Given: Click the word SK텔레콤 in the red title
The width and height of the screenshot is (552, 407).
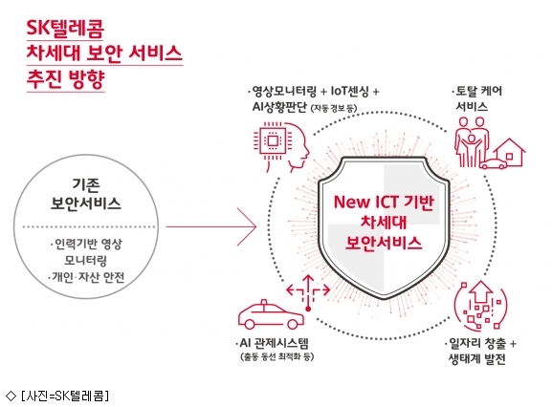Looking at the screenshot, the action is (x=65, y=28).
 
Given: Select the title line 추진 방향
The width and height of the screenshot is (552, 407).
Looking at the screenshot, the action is (x=65, y=79).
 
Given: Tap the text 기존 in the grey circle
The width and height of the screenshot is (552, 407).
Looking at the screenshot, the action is (x=86, y=185).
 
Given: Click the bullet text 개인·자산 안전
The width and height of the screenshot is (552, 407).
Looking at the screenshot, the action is (x=87, y=278).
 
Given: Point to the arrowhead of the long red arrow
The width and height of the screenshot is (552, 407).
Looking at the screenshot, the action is (x=255, y=226).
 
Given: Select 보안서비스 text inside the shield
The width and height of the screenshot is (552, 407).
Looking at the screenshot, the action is (x=384, y=243).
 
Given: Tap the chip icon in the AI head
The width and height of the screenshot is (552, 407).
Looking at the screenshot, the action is (x=272, y=141).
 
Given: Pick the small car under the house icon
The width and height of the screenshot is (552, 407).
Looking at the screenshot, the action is (x=494, y=163).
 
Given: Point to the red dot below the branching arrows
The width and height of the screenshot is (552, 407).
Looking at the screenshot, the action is (x=308, y=310).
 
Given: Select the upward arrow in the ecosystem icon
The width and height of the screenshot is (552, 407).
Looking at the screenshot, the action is (x=481, y=292).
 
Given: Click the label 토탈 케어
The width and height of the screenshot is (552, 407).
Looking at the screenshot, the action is (x=478, y=92).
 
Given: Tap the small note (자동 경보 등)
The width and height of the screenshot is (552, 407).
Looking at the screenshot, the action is (x=334, y=108).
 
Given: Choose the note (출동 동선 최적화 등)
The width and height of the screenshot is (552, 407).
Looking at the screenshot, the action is (x=277, y=356).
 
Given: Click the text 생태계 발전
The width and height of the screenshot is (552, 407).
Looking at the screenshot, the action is (x=477, y=359).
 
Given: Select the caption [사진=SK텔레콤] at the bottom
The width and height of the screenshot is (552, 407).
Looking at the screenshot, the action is (x=65, y=396).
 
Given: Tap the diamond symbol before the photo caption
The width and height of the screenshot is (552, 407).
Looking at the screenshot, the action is (x=11, y=396).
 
